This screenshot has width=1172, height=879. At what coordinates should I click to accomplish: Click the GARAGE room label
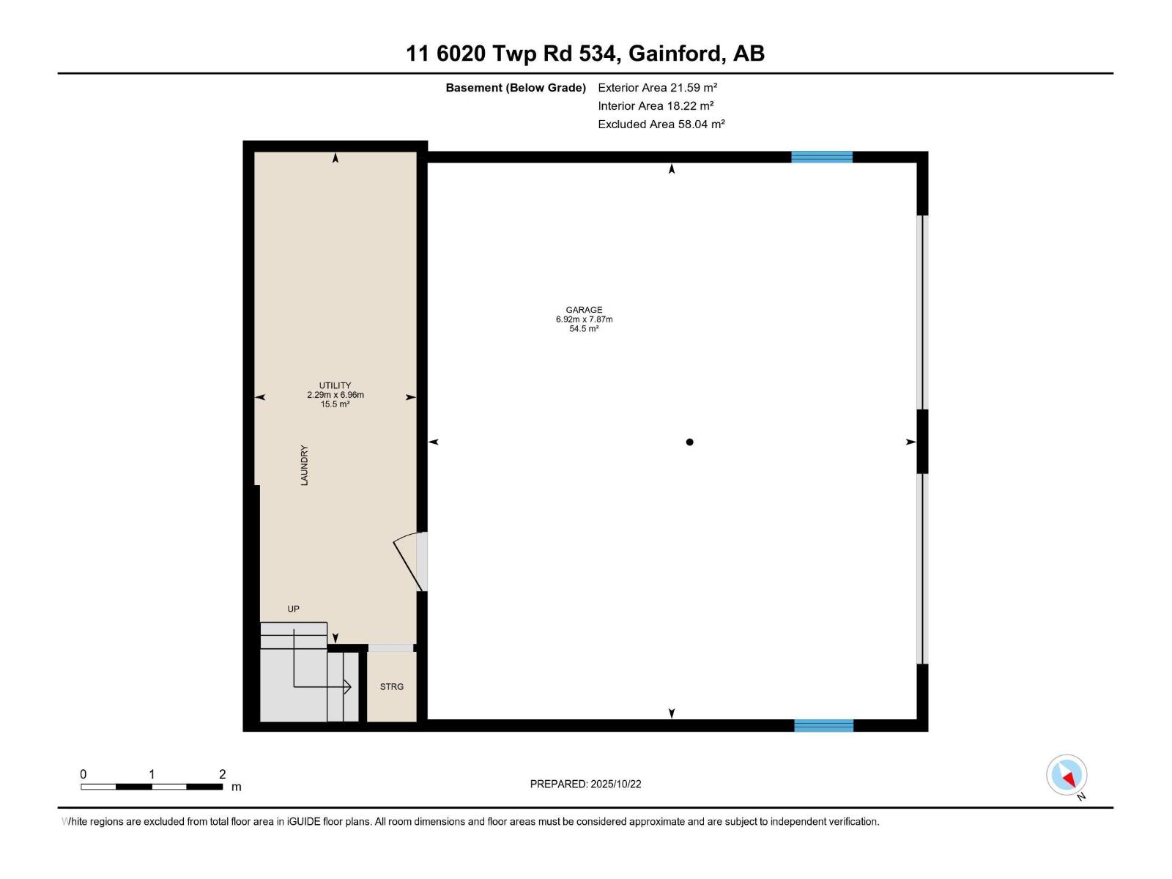pyautogui.click(x=584, y=310)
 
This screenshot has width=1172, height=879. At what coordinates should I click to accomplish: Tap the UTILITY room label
pyautogui.click(x=335, y=385)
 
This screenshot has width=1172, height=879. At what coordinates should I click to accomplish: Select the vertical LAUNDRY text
pyautogui.click(x=304, y=465)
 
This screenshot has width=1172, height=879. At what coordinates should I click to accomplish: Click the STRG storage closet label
pyautogui.click(x=392, y=686)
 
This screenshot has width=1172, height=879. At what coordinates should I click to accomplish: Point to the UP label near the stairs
pyautogui.click(x=293, y=609)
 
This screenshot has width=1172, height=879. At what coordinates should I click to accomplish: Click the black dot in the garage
pyautogui.click(x=689, y=442)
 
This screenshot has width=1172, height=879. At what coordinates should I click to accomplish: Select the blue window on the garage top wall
pyautogui.click(x=821, y=157)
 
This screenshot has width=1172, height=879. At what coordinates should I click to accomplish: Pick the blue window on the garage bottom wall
pyautogui.click(x=823, y=725)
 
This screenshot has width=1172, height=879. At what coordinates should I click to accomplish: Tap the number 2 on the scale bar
pyautogui.click(x=222, y=774)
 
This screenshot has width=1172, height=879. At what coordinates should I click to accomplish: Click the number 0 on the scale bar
pyautogui.click(x=84, y=774)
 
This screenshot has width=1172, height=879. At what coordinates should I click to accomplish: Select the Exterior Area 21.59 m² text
pyautogui.click(x=657, y=87)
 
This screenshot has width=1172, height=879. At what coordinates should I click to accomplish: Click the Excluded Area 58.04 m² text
pyautogui.click(x=661, y=124)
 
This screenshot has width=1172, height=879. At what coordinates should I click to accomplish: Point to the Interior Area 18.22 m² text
pyautogui.click(x=656, y=105)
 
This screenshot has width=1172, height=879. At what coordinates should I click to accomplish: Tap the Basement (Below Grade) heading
pyautogui.click(x=516, y=88)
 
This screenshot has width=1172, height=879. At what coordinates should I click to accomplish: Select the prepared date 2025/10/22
pyautogui.click(x=615, y=784)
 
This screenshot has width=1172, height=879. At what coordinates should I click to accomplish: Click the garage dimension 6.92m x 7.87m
pyautogui.click(x=584, y=319)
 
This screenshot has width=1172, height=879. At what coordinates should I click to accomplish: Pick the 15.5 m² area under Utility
pyautogui.click(x=335, y=404)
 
